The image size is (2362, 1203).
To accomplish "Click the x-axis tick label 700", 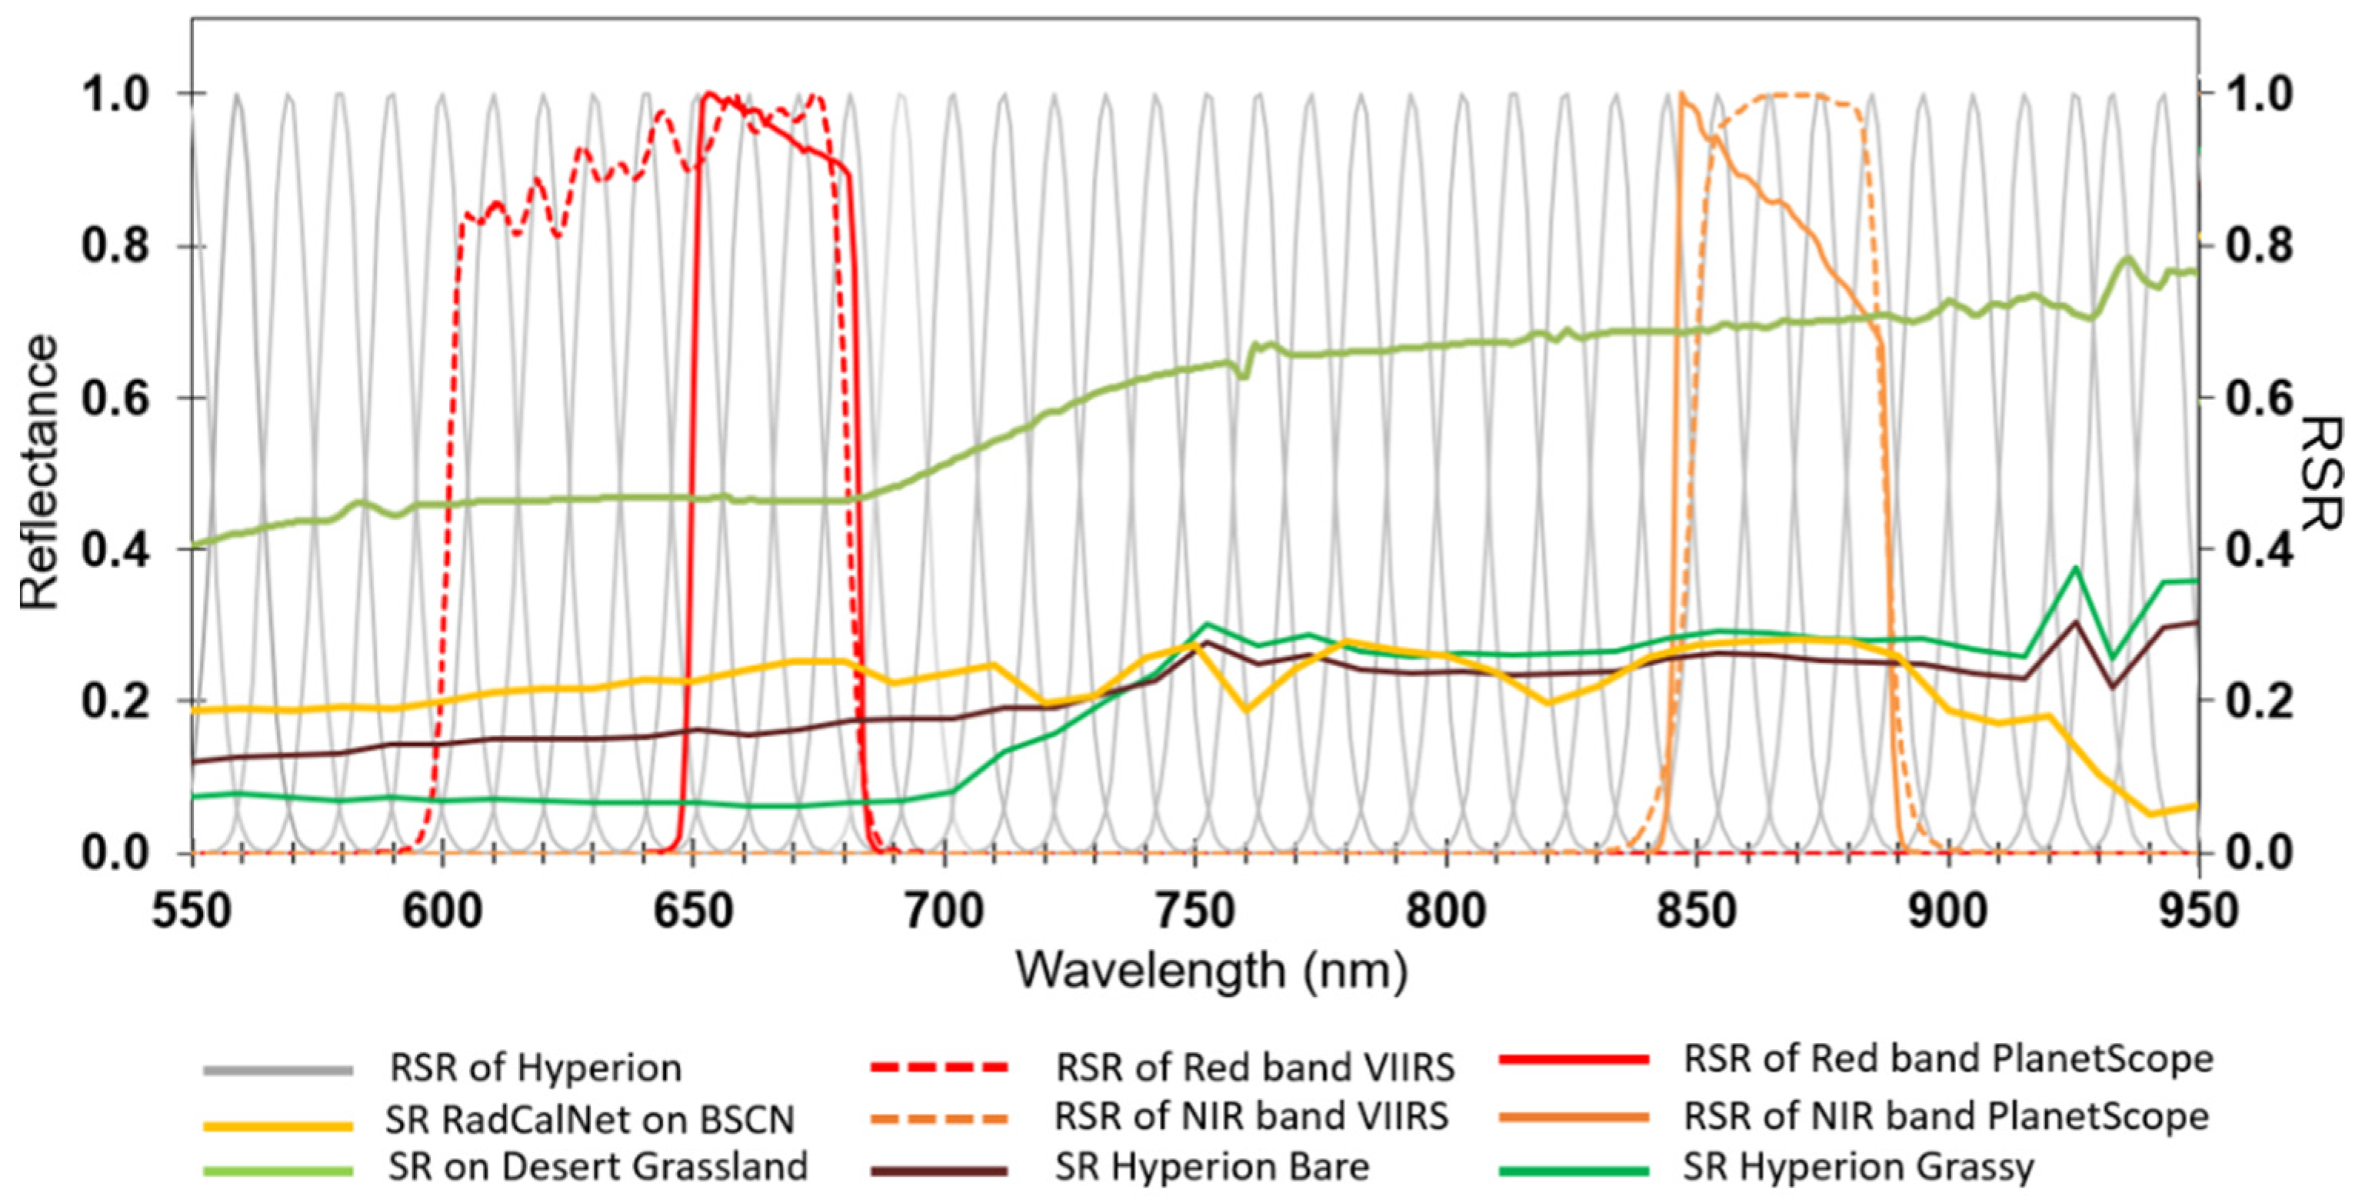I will (x=944, y=912).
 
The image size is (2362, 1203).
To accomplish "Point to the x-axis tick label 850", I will (x=1697, y=912).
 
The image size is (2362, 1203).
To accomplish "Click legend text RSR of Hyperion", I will (x=535, y=1068).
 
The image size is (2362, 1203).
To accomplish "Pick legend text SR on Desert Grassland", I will (x=598, y=1166).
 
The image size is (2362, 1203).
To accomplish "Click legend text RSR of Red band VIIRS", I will (x=1254, y=1068).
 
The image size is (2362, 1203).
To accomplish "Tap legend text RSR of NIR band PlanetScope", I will (x=1946, y=1117).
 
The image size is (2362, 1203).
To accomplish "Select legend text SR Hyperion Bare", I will (x=1211, y=1166).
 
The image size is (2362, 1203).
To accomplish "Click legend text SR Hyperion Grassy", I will (x=1857, y=1166).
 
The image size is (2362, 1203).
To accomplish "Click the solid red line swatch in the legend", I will (x=1574, y=1060).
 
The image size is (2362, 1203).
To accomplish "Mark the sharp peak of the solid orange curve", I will (x=1681, y=95).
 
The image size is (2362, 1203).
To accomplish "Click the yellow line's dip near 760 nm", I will (x=1245, y=708).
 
